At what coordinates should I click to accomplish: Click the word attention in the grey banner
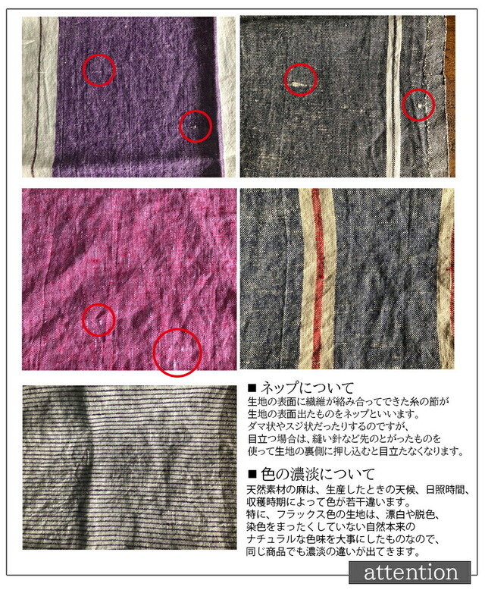411,573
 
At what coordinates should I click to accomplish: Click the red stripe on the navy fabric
318,278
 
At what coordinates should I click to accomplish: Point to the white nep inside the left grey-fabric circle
298,84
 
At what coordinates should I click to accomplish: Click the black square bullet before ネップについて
252,388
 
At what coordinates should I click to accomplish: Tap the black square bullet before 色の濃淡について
252,475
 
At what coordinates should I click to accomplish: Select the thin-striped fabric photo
130,467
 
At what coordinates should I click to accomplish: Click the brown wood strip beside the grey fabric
450,96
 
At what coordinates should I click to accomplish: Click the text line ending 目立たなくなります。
355,450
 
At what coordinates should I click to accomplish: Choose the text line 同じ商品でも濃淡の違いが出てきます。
333,552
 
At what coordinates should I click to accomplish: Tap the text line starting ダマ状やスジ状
328,426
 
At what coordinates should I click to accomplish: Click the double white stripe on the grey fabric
393,97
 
